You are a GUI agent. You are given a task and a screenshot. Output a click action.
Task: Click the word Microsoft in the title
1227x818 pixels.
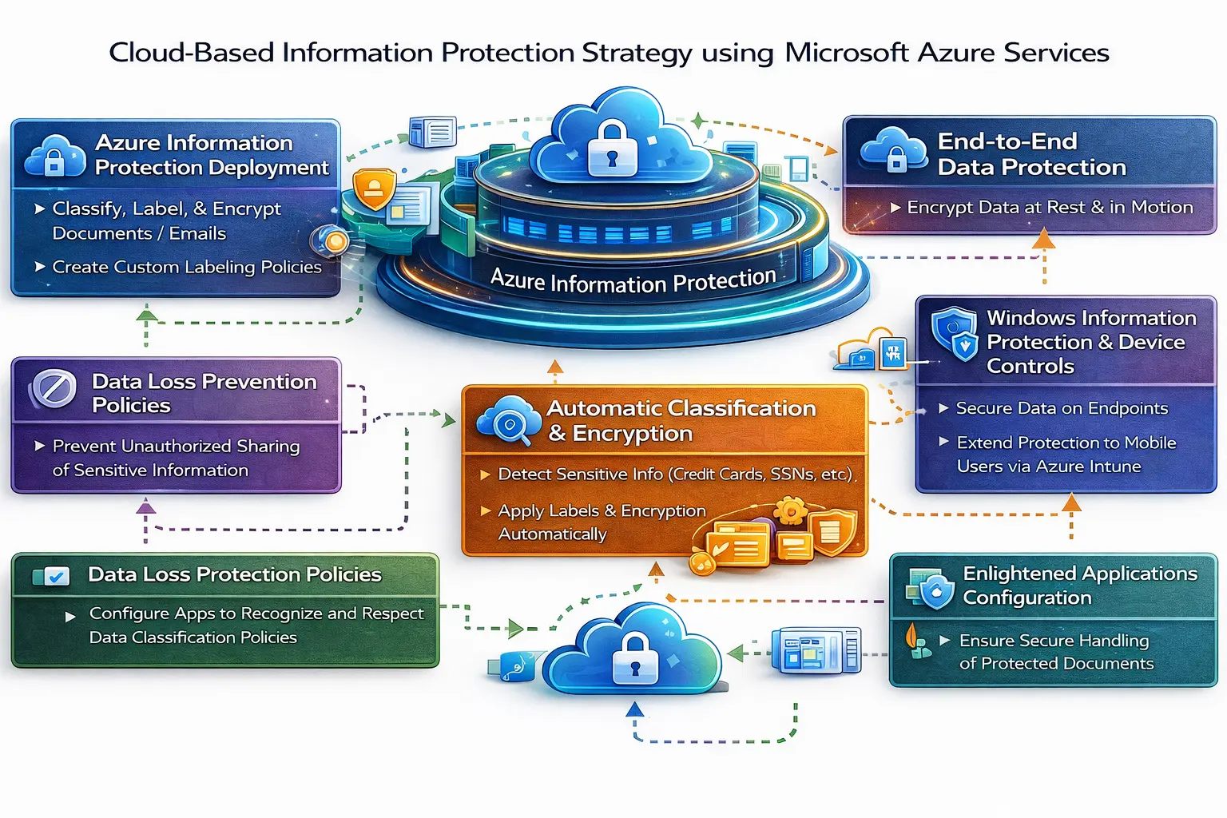pyautogui.click(x=846, y=53)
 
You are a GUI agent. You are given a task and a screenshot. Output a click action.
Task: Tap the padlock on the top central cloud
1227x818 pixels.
pyautogui.click(x=611, y=149)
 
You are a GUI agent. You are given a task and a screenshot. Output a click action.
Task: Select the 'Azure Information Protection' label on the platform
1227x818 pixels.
pyautogui.click(x=633, y=280)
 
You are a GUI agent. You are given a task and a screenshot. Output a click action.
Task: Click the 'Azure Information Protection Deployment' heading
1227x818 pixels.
pyautogui.click(x=211, y=155)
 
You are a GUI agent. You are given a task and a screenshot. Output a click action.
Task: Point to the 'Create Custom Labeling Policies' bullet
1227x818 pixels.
pyautogui.click(x=186, y=267)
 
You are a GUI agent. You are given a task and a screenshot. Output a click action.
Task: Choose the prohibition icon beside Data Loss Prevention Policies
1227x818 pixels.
pyautogui.click(x=54, y=389)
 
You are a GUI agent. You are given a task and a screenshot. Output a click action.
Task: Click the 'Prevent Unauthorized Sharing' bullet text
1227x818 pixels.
pyautogui.click(x=176, y=446)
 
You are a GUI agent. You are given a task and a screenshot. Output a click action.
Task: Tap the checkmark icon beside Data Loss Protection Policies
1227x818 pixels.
pyautogui.click(x=55, y=576)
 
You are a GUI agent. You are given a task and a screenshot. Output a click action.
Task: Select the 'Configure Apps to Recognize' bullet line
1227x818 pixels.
pyautogui.click(x=256, y=613)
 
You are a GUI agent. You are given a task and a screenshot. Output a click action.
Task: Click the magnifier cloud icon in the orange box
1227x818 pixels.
pyautogui.click(x=509, y=421)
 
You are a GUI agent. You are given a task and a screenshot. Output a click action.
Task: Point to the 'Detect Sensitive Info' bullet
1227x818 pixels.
pyautogui.click(x=675, y=475)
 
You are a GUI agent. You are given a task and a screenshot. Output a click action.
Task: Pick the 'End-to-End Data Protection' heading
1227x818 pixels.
pyautogui.click(x=1030, y=154)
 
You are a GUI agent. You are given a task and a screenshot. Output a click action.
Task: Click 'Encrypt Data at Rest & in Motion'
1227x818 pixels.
pyautogui.click(x=1049, y=208)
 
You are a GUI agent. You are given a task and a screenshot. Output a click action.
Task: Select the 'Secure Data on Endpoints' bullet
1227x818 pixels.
pyautogui.click(x=1062, y=408)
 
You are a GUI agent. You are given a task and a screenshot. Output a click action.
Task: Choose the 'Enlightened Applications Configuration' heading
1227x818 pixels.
pyautogui.click(x=1079, y=586)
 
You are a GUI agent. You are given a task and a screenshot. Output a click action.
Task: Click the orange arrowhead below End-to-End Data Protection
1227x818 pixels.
pyautogui.click(x=1043, y=239)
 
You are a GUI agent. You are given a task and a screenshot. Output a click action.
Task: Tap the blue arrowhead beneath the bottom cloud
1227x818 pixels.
pyautogui.click(x=634, y=709)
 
